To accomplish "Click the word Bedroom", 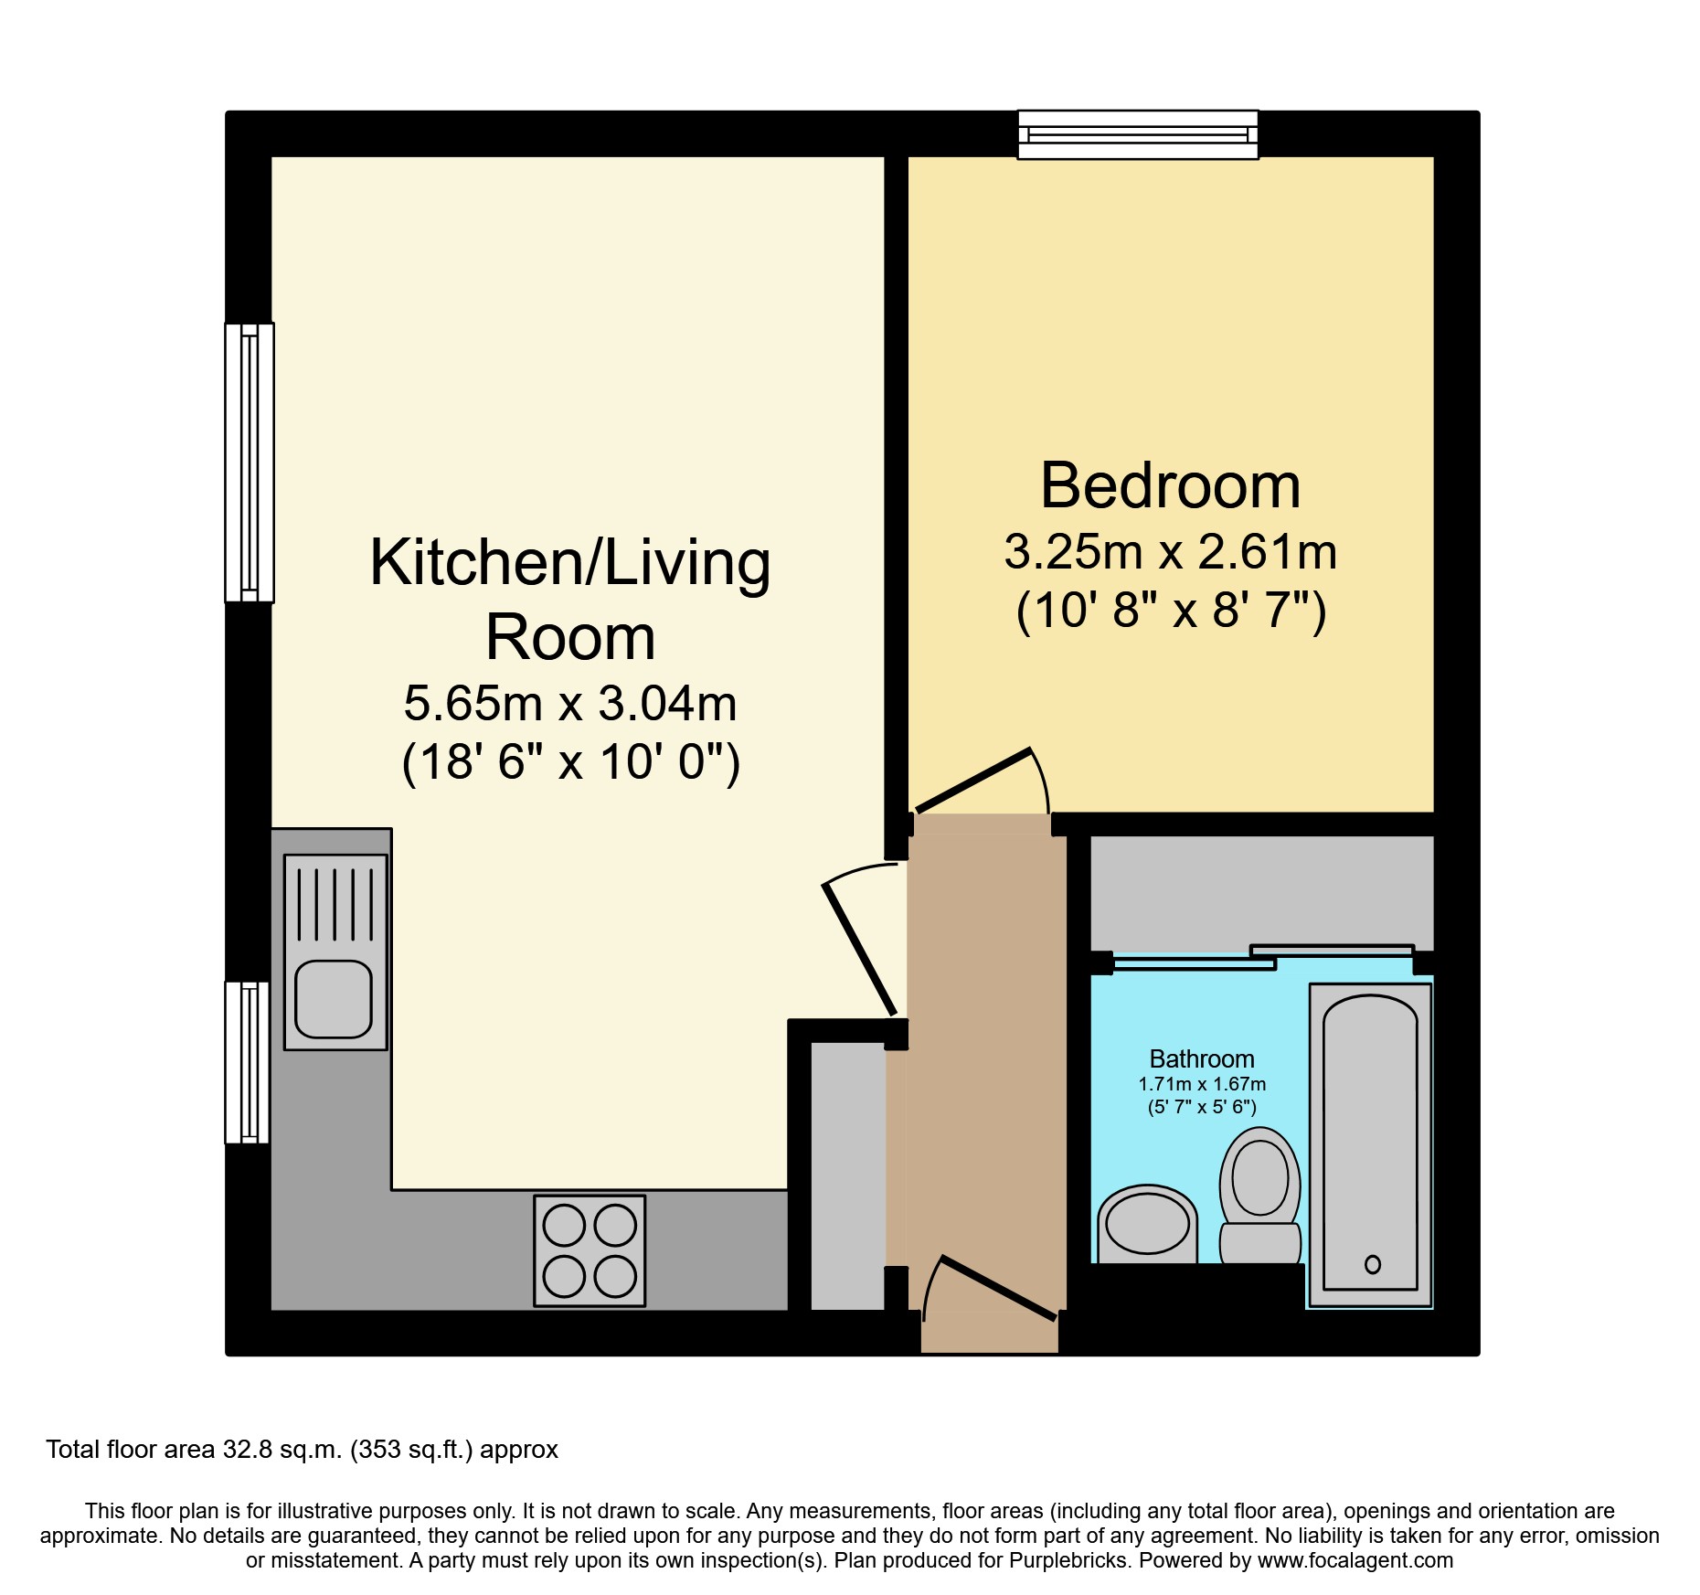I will tap(1170, 486).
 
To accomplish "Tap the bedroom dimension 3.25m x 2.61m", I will tap(1170, 552).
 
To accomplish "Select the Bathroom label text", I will tap(1201, 1059).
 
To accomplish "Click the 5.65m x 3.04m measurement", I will tap(570, 704).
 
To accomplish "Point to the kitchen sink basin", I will tap(334, 999).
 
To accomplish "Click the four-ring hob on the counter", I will tap(590, 1250).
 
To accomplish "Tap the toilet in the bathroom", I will tap(1260, 1194).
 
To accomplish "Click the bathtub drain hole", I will tap(1372, 1264).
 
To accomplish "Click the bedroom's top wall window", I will tap(1138, 134).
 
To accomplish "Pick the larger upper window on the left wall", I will tap(250, 463).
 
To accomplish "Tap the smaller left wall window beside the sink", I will tap(247, 1062).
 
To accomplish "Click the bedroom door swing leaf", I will tap(973, 781).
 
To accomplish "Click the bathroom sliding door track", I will tap(1261, 957).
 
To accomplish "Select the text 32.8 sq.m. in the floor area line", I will tap(283, 1450).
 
